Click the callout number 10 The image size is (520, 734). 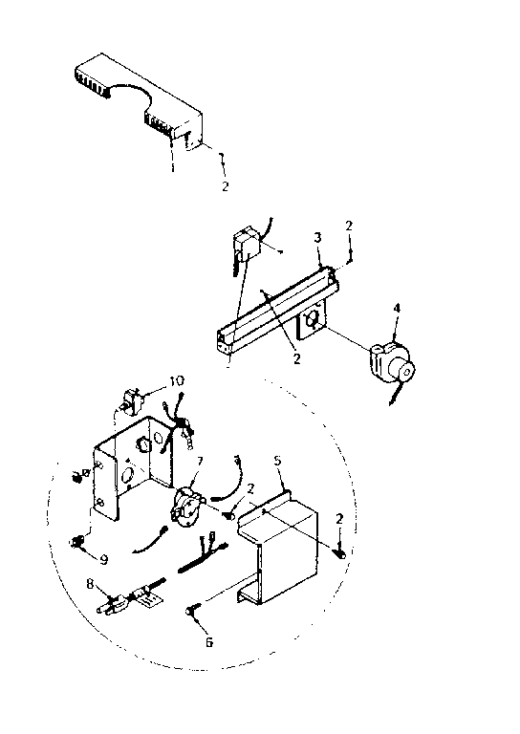point(176,380)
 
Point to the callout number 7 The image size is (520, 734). point(199,462)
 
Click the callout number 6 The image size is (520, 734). point(209,642)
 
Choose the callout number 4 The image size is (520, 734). point(398,308)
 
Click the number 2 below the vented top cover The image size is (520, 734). point(226,186)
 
